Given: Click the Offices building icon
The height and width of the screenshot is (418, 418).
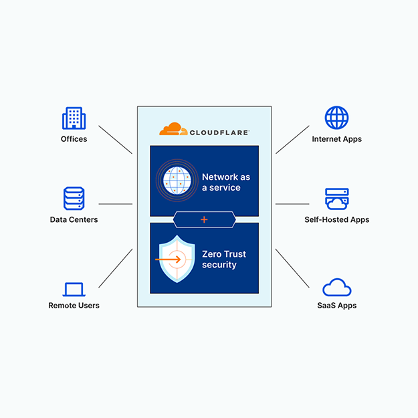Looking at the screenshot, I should pos(74,118).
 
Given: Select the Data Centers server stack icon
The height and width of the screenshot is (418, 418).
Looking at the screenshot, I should pos(74,198).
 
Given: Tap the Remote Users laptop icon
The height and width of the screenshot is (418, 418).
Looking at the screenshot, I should pos(74,289).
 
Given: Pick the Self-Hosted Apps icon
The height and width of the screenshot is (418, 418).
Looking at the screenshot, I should pos(336,199).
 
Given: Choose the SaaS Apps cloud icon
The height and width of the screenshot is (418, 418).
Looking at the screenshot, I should pos(336,288).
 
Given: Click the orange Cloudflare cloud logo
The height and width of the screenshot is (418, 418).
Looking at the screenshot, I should pos(170,128).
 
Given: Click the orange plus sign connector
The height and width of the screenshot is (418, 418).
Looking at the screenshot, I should pos(204,219).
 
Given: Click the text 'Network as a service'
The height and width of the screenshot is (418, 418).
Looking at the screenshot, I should pos(226,182).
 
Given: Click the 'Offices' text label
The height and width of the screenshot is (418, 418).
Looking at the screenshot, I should pos(74,139).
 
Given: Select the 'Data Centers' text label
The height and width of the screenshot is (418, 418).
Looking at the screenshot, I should pos(74,219).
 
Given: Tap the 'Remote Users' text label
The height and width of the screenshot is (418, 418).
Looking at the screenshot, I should pos(74,306).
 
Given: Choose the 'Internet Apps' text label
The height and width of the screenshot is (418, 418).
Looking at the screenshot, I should pos(336,139).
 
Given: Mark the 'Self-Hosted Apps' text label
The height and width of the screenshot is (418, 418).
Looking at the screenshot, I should pos(336,219).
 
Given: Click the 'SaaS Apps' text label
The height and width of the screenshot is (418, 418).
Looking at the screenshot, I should pos(336,306).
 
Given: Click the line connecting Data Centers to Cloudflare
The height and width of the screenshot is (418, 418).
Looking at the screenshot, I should pos(115,204).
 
